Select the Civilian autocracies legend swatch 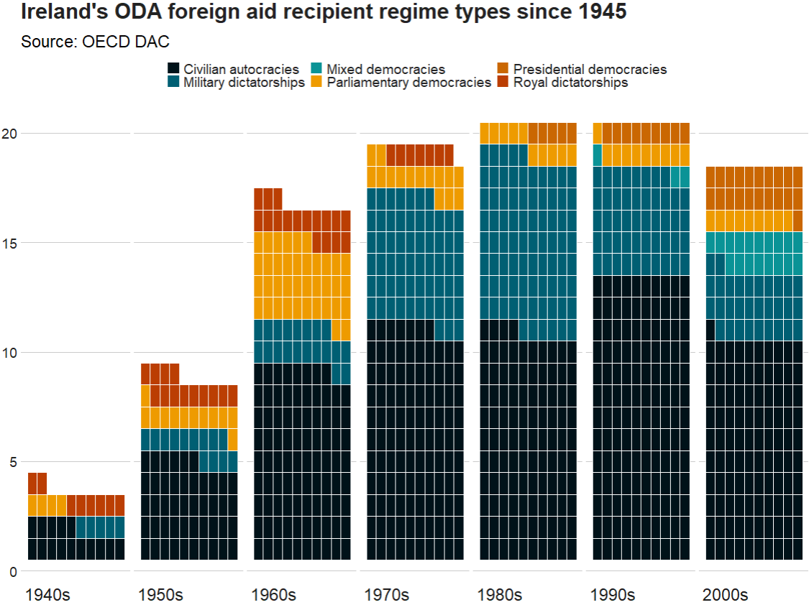click(173, 69)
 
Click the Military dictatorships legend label click(244, 83)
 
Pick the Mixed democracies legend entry click(385, 70)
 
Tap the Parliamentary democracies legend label click(408, 83)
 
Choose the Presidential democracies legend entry click(590, 70)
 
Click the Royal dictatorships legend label click(570, 83)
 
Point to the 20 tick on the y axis click(9, 134)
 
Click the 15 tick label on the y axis click(9, 243)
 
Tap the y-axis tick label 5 click(13, 462)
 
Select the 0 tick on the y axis click(13, 572)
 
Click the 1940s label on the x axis click(47, 595)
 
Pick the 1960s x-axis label click(273, 595)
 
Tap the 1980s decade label click(499, 595)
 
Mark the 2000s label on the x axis click(725, 595)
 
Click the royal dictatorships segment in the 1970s click(420, 155)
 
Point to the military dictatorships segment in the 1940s click(100, 527)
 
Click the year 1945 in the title click(603, 12)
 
